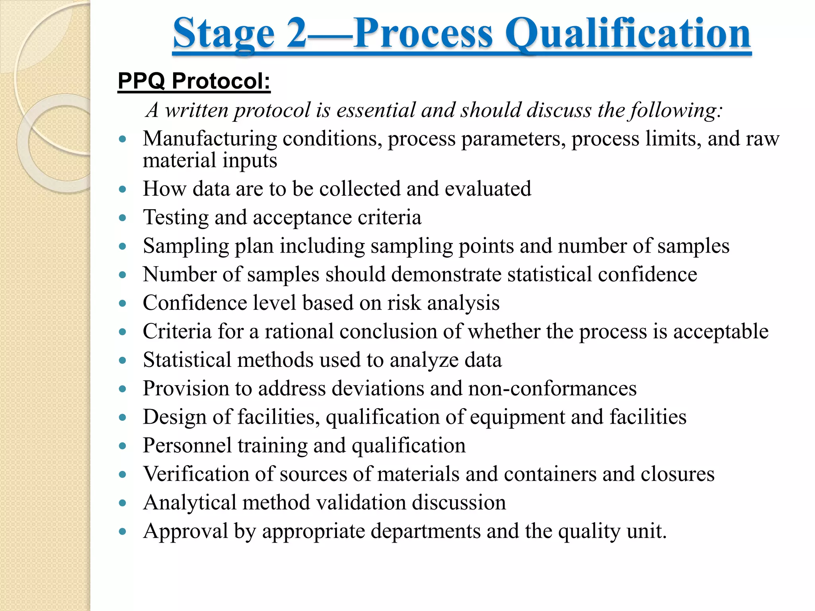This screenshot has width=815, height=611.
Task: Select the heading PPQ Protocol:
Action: [194, 81]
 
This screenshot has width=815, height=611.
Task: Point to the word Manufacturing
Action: [210, 139]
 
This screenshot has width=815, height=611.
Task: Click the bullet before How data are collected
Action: [123, 189]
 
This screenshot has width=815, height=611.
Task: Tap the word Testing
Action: [175, 218]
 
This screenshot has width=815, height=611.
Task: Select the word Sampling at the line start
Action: [186, 246]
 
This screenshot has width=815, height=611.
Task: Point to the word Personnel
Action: [187, 445]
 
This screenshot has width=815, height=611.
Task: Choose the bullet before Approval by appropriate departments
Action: [123, 531]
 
